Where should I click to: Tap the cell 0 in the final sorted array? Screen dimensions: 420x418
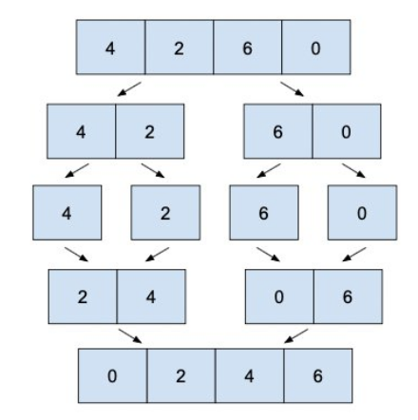click(111, 376)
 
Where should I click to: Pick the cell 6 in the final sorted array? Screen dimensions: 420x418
click(317, 376)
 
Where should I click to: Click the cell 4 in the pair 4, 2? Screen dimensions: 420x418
click(81, 131)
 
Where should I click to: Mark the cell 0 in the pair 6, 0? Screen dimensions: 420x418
click(347, 131)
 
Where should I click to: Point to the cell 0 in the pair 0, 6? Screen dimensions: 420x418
click(278, 296)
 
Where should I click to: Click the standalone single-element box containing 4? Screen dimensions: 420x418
click(66, 213)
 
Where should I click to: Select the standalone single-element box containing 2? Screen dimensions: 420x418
click(165, 213)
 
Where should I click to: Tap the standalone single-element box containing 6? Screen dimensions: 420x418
click(263, 213)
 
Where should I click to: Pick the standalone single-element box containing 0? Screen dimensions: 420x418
click(362, 213)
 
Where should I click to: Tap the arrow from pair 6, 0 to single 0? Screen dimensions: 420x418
click(353, 170)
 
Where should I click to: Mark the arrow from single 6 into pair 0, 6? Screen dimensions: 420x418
click(270, 255)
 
